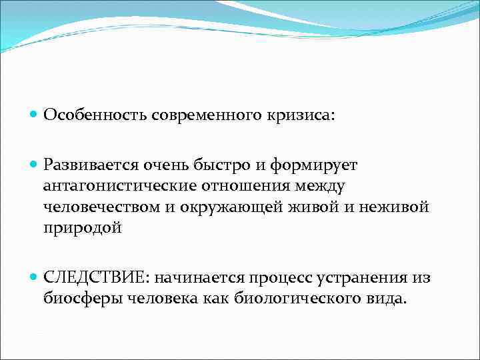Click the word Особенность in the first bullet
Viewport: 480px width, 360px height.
tap(95, 115)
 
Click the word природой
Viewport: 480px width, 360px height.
tap(83, 228)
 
